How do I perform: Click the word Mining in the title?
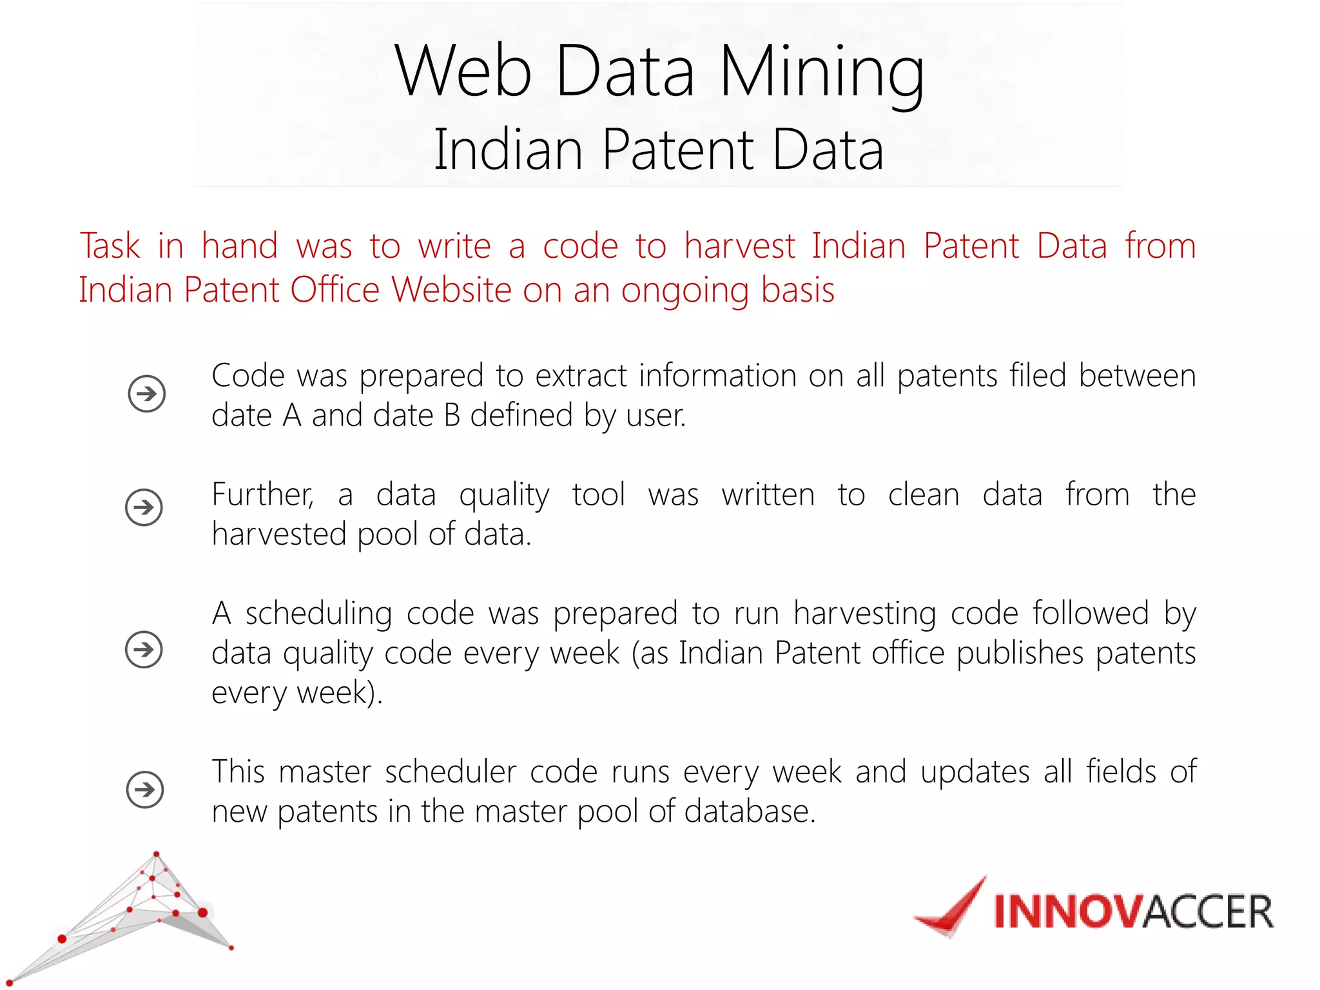pyautogui.click(x=822, y=72)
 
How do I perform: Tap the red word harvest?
pyautogui.click(x=740, y=246)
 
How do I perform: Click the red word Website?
pyautogui.click(x=451, y=290)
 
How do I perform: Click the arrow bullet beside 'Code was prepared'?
pyautogui.click(x=146, y=393)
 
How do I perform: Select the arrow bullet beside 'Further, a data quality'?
pyautogui.click(x=144, y=507)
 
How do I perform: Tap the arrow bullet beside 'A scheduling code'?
pyautogui.click(x=144, y=649)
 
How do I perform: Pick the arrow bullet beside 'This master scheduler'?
pyautogui.click(x=145, y=789)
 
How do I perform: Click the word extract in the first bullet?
pyautogui.click(x=581, y=376)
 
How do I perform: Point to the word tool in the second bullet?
pyautogui.click(x=598, y=495)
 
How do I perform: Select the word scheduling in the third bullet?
pyautogui.click(x=318, y=614)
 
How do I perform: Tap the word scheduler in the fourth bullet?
pyautogui.click(x=451, y=772)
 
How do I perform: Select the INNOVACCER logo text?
pyautogui.click(x=1133, y=912)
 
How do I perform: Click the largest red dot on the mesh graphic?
pyautogui.click(x=202, y=912)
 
